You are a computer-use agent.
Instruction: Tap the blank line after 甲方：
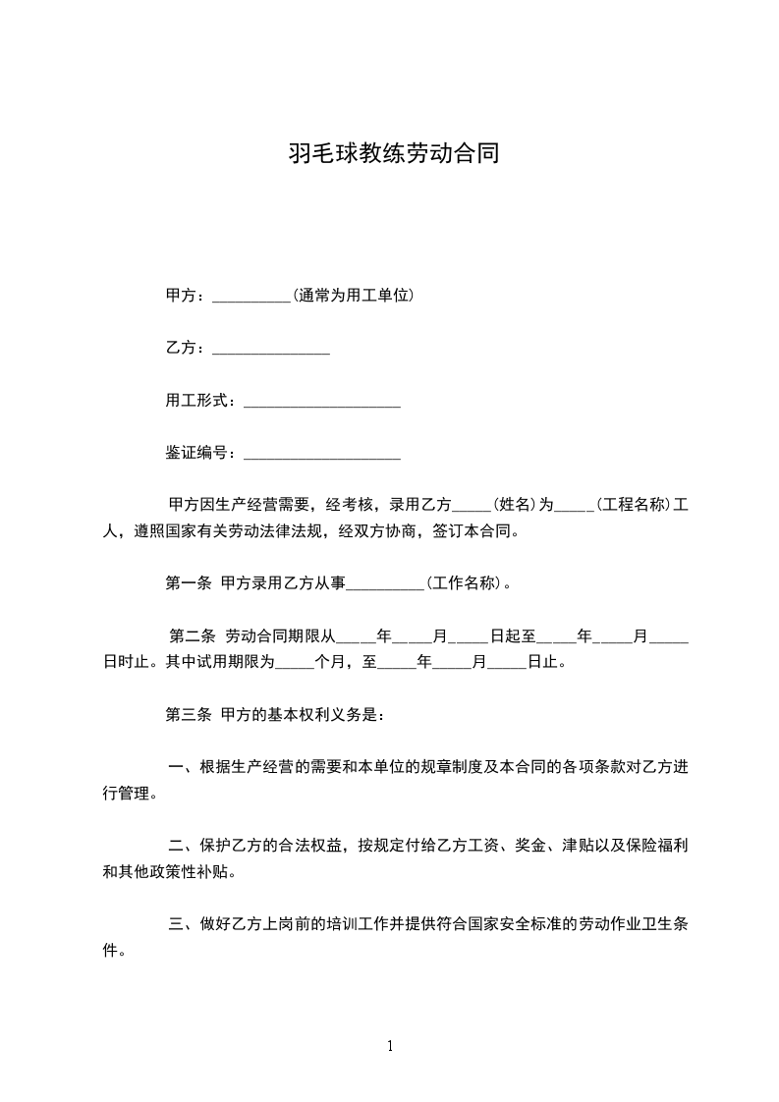(x=250, y=297)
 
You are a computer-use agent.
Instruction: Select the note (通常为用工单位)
(x=353, y=295)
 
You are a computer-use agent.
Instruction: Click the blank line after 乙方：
(x=270, y=350)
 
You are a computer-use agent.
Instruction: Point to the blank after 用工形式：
(x=321, y=403)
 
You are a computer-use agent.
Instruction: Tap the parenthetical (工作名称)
(x=467, y=583)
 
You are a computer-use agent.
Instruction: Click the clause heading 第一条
(x=188, y=583)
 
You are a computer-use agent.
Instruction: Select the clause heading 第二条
(x=193, y=636)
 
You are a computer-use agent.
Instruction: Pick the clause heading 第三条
(x=188, y=715)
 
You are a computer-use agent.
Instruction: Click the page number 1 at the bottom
(x=390, y=1046)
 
